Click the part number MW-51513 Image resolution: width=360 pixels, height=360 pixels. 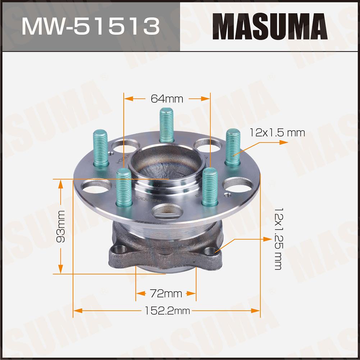click(x=91, y=26)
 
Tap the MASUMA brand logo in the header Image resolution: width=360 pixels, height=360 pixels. click(x=270, y=26)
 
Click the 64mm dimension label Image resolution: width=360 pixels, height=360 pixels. click(x=167, y=99)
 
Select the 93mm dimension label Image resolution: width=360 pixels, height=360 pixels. click(x=61, y=226)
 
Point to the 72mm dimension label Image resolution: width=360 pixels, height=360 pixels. click(x=166, y=293)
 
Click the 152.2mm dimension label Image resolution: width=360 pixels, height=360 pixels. click(x=167, y=311)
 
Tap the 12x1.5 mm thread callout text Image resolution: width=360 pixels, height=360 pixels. click(x=277, y=133)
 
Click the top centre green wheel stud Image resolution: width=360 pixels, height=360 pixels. click(x=167, y=125)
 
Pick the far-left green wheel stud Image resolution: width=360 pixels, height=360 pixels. click(x=101, y=148)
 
